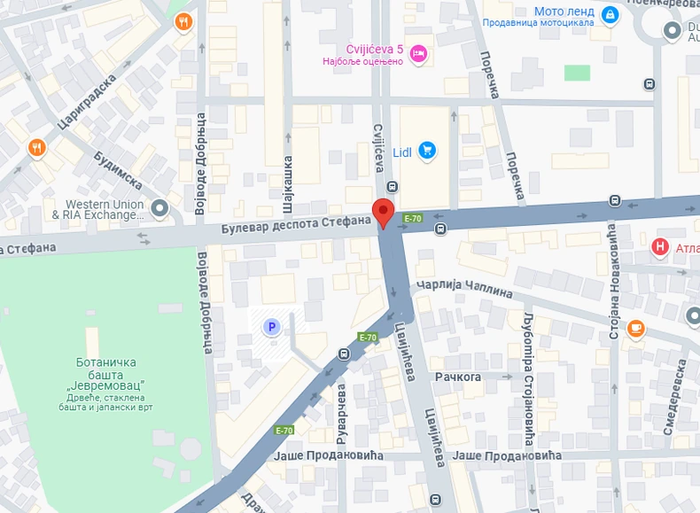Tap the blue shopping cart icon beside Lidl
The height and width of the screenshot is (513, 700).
click(x=428, y=151)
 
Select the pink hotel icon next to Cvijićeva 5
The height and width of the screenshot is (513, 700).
click(x=419, y=54)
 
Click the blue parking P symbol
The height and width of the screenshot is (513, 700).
click(x=272, y=328)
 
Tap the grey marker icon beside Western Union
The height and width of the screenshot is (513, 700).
click(x=159, y=208)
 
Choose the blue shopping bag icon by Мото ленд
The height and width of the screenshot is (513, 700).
click(x=610, y=14)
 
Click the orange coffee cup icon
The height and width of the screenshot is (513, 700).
click(x=635, y=328)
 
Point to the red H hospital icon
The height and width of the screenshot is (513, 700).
click(x=660, y=246)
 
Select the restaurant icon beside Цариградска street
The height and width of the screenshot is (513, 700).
click(x=36, y=147)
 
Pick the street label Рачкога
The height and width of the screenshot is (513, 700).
click(x=457, y=377)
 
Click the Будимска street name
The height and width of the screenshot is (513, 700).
click(x=118, y=168)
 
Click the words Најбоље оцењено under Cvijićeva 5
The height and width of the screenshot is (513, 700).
click(x=369, y=61)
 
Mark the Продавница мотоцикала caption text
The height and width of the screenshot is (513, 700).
click(x=539, y=23)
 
